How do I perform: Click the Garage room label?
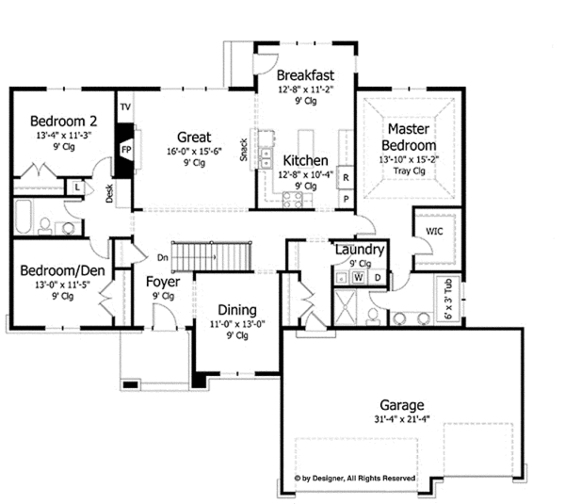[402, 405]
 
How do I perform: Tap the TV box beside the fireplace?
[125, 107]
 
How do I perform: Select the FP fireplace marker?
[126, 149]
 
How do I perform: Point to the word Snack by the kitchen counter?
[244, 150]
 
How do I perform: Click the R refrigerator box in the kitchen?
[346, 177]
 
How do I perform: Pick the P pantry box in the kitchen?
[346, 199]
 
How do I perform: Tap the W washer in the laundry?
[358, 278]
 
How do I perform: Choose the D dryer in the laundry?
[378, 278]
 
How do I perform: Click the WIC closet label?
[434, 231]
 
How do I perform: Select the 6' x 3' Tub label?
[448, 299]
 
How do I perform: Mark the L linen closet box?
[77, 187]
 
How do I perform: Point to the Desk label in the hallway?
[109, 193]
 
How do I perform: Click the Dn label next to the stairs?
[163, 257]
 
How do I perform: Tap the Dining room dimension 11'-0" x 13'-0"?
[237, 324]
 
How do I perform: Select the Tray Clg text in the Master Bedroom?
[409, 171]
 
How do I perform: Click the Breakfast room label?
[305, 75]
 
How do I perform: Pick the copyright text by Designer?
[355, 479]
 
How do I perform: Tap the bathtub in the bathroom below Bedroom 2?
[24, 217]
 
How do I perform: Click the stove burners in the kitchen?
[293, 200]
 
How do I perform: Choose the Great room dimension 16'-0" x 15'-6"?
[194, 151]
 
